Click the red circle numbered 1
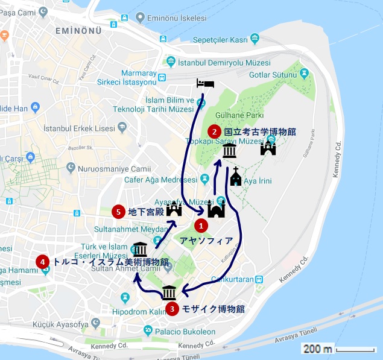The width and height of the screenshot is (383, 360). tap(201, 226)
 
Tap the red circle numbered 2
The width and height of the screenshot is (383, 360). tap(214, 131)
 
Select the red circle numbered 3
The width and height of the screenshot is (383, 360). tap(173, 309)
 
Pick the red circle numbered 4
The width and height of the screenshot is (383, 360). tap(42, 262)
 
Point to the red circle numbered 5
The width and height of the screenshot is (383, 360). tap(118, 211)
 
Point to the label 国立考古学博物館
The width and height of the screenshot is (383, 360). tap(259, 131)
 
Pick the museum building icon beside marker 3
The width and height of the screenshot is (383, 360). tap(169, 292)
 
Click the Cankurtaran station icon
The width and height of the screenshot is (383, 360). tap(259, 279)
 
